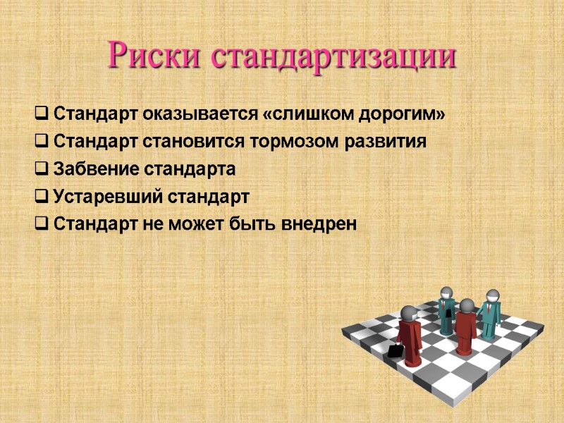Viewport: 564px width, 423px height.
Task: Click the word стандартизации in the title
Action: (334, 56)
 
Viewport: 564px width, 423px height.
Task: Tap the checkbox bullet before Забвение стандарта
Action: (41, 170)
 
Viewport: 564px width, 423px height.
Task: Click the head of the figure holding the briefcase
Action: (408, 314)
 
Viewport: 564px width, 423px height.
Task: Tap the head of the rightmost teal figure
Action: (491, 296)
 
